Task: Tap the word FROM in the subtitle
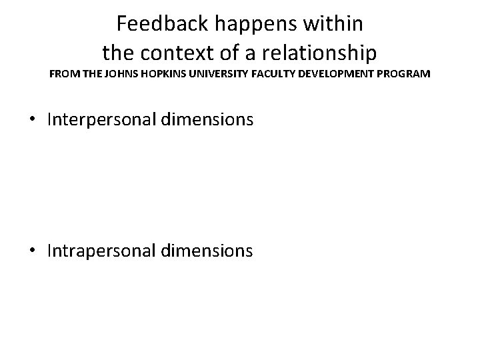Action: (x=63, y=73)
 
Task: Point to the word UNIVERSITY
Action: (x=223, y=73)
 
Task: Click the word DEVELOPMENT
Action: (x=345, y=73)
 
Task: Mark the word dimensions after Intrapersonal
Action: (x=213, y=251)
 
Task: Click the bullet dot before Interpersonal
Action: (x=33, y=121)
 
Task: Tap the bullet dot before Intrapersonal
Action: (x=33, y=251)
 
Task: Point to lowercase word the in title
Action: (x=117, y=51)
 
